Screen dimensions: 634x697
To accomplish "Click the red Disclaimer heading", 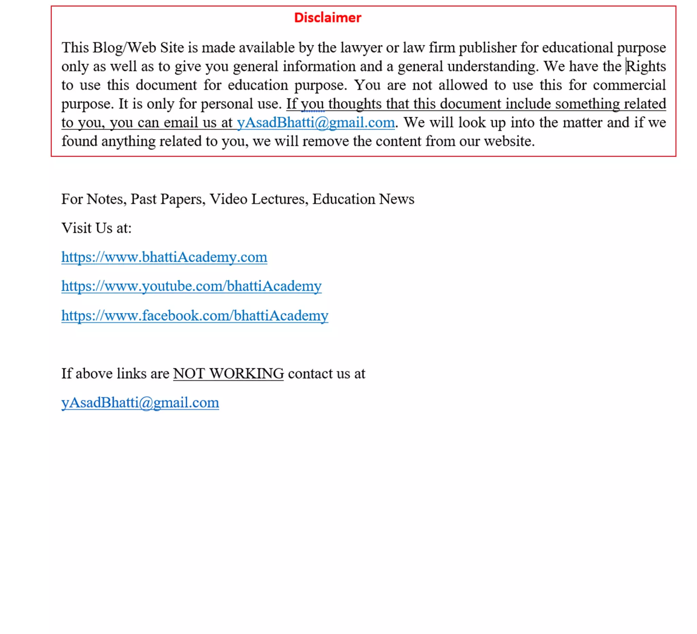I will tap(327, 17).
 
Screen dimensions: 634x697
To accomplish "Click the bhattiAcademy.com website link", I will tap(164, 257).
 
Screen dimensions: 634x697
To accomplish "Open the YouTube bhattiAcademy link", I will tap(191, 286).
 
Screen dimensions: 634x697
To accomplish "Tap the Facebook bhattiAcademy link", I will tap(195, 315).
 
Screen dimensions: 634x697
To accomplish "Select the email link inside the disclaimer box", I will tap(315, 123).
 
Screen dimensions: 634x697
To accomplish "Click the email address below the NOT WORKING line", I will tap(140, 402).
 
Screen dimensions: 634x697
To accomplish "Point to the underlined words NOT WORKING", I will tap(228, 373).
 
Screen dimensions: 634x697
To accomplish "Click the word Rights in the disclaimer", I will tap(646, 66).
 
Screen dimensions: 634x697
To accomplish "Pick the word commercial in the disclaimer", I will tap(629, 85).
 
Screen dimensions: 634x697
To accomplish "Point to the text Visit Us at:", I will tap(96, 228).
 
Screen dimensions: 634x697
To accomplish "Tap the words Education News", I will tap(363, 199).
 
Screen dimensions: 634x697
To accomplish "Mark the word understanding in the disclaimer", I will tap(492, 66).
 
